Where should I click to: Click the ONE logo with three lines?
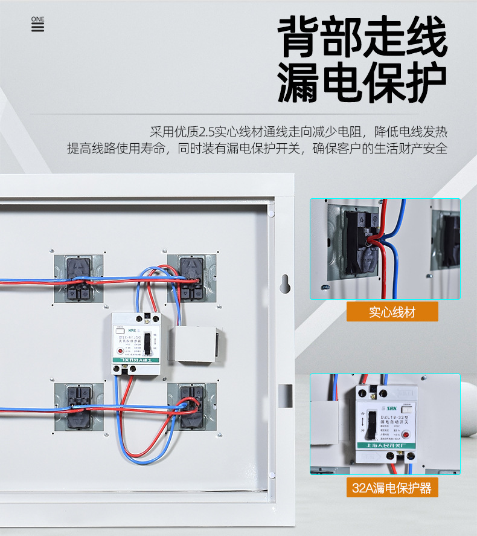(37, 24)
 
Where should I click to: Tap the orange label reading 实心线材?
(392, 312)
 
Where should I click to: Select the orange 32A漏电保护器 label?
(392, 487)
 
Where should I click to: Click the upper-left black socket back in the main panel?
(78, 279)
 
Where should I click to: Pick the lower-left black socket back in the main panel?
(78, 405)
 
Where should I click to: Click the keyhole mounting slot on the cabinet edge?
(285, 282)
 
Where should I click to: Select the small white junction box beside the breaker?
(195, 344)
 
